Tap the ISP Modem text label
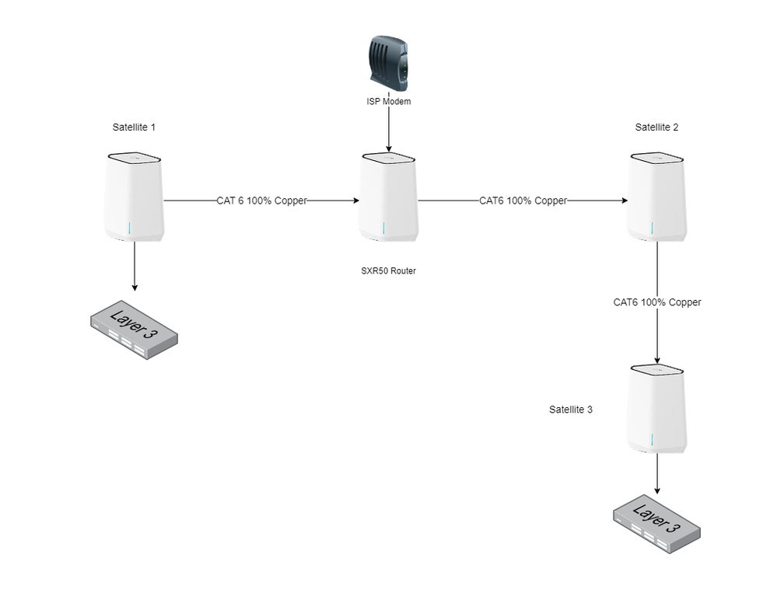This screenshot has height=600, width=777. coord(388,102)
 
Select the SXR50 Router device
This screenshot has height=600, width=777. coord(388,197)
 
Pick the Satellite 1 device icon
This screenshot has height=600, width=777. coord(134,197)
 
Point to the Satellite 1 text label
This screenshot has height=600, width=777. coord(134,126)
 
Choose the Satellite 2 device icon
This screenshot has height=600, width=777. coord(657,197)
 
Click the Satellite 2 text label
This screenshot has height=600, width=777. coord(656,127)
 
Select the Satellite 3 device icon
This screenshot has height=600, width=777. coord(657,409)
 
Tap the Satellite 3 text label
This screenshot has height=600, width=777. coord(570,409)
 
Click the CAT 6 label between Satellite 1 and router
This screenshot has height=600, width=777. coord(261,201)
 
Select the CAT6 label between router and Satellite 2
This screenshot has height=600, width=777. coord(523,201)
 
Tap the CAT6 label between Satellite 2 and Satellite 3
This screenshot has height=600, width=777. coord(656,302)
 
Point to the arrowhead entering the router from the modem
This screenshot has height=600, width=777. coord(388,147)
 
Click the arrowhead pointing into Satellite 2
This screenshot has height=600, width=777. coord(623,201)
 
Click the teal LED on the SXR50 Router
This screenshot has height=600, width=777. coord(383,228)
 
